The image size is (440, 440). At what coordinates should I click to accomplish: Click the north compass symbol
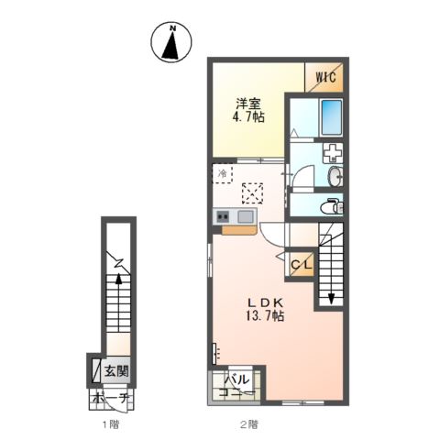(x=171, y=42)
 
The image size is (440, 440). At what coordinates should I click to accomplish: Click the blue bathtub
(x=330, y=117)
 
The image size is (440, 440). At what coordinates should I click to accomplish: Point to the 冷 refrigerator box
(x=223, y=172)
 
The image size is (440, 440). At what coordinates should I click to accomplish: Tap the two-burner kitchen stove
(x=223, y=216)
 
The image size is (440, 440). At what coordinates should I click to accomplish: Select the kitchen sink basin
(x=247, y=216)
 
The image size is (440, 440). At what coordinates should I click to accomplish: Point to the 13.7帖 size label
(x=263, y=316)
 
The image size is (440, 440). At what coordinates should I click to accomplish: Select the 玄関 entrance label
(x=115, y=371)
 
